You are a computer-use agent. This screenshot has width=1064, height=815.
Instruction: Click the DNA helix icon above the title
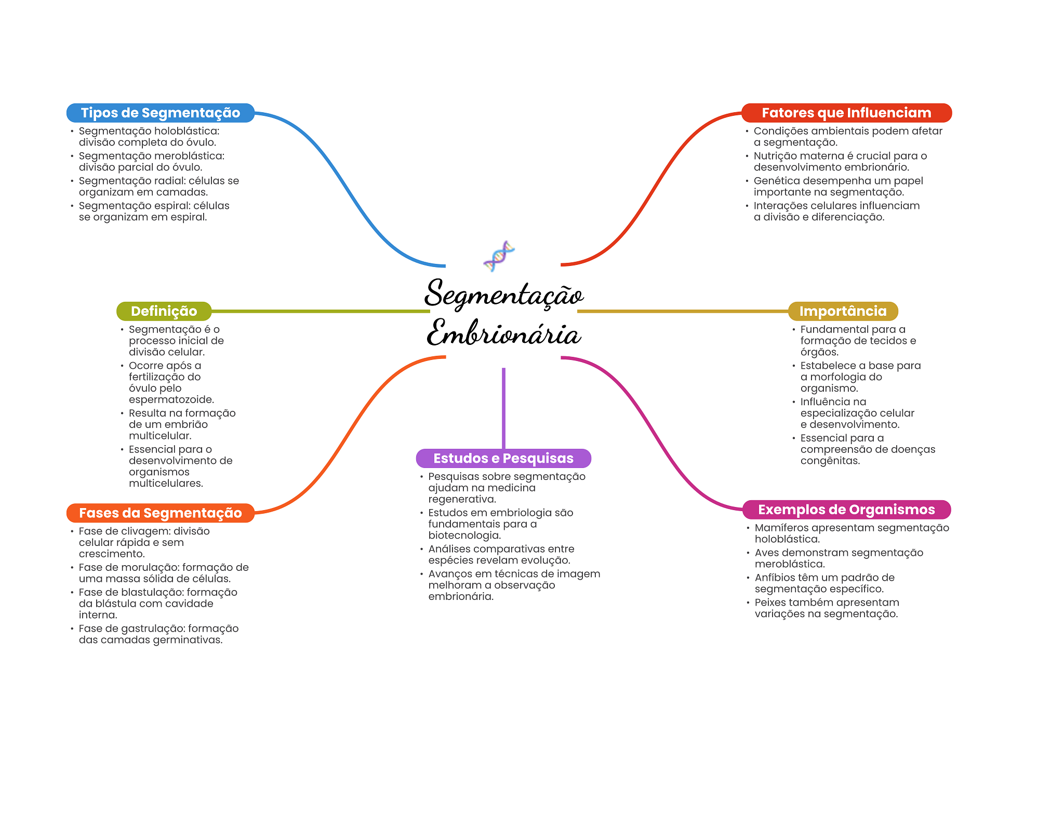click(499, 256)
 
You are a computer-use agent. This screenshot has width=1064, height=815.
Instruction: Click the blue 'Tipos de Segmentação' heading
click(160, 113)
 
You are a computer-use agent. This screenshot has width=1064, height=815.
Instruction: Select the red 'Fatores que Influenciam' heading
click(846, 113)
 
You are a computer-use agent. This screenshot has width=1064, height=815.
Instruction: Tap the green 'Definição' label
click(164, 311)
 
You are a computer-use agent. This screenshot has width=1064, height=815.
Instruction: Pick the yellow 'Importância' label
click(843, 311)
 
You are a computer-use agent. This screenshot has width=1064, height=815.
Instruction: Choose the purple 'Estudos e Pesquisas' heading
click(503, 458)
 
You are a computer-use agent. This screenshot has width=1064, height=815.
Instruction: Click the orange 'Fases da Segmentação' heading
click(160, 513)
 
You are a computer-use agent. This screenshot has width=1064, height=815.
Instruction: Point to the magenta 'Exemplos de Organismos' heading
click(846, 510)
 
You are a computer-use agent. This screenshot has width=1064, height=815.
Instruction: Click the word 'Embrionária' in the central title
click(503, 333)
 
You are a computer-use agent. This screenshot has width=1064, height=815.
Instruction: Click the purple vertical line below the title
click(503, 408)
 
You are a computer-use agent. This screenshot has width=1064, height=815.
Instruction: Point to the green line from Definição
click(320, 311)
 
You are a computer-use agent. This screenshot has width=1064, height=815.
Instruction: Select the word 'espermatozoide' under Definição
click(171, 399)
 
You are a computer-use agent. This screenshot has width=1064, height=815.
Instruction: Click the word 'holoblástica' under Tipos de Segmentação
click(189, 131)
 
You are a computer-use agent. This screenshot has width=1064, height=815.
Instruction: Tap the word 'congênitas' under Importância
click(830, 461)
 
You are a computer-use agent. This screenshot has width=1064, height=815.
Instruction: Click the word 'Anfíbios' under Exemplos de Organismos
click(774, 578)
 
